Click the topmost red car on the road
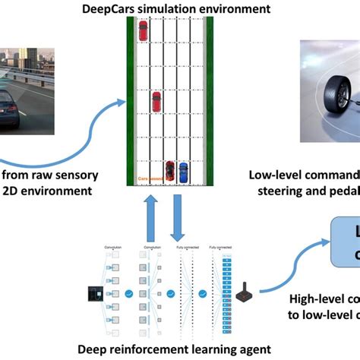point(144,30)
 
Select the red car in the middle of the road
point(156,101)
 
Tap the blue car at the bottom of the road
point(182,171)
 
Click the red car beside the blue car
point(170,171)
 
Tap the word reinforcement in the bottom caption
point(141,348)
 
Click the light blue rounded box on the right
point(346,242)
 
